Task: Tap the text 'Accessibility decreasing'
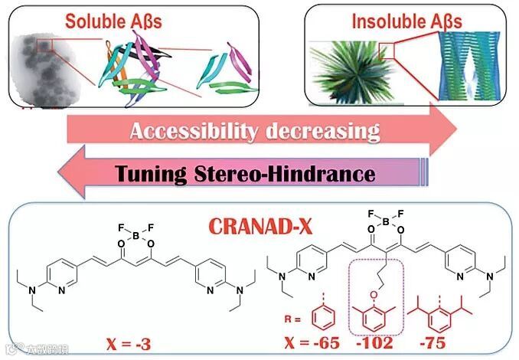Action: point(255,131)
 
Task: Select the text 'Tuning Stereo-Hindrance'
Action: point(246,174)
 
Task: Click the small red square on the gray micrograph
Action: point(45,48)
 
